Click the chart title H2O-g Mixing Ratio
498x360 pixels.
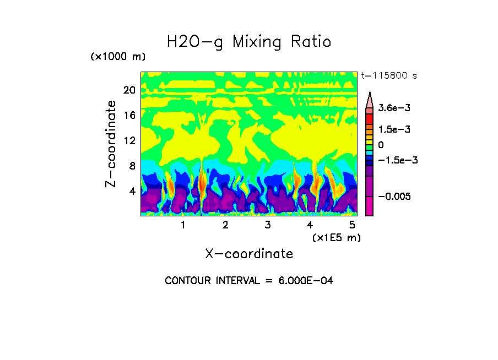point(249,42)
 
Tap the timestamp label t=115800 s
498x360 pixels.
point(388,76)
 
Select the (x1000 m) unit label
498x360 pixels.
point(117,57)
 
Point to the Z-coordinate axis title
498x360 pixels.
point(111,144)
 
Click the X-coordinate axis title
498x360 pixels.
point(249,253)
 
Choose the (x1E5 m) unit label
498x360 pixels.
point(336,237)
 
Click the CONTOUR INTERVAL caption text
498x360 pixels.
point(249,281)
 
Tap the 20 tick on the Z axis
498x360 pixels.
point(129,90)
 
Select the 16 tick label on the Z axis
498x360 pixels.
point(129,116)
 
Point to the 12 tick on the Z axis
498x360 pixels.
point(129,140)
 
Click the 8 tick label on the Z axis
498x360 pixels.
point(132,166)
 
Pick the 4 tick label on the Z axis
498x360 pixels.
point(132,191)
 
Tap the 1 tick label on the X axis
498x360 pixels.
point(183,225)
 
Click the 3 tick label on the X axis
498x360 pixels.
point(268,225)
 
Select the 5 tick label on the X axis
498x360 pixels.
point(352,225)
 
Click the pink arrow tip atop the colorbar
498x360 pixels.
point(370,98)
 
